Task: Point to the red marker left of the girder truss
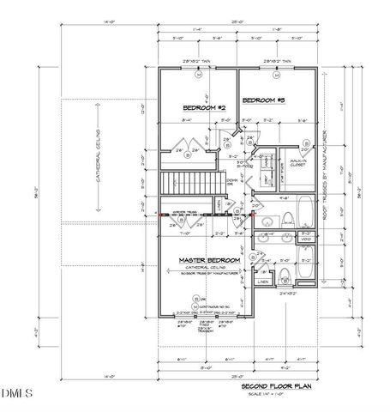click(x=159, y=213)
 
